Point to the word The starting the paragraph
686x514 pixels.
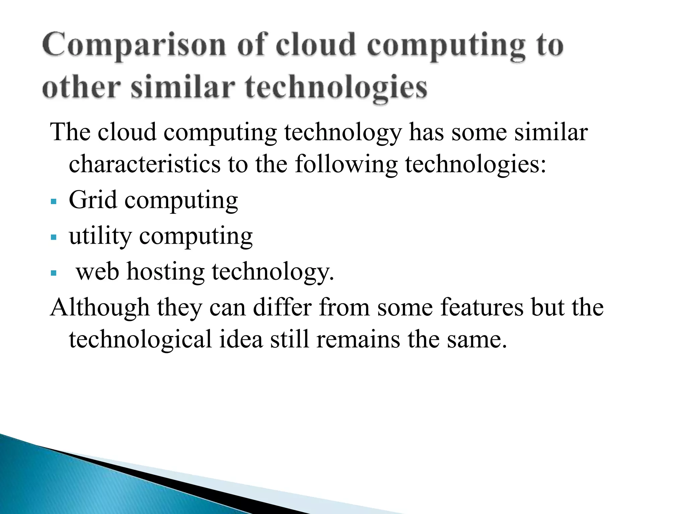point(70,132)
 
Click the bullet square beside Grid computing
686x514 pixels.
point(54,202)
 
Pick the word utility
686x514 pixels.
point(100,236)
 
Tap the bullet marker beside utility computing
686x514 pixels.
point(54,238)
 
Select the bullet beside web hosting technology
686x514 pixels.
point(54,273)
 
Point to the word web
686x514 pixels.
point(97,272)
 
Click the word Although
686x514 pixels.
point(99,308)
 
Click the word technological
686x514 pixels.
point(140,340)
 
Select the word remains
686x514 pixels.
point(358,339)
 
